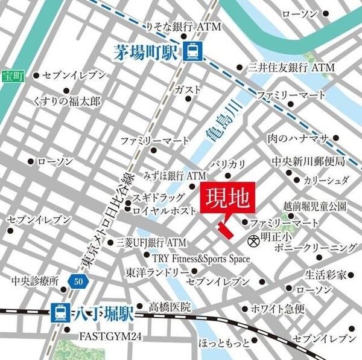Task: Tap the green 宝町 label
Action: [10, 76]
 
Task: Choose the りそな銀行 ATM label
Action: [176, 27]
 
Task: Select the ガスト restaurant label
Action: [187, 89]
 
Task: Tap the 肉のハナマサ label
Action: [297, 138]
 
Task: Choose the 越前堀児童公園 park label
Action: [314, 207]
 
